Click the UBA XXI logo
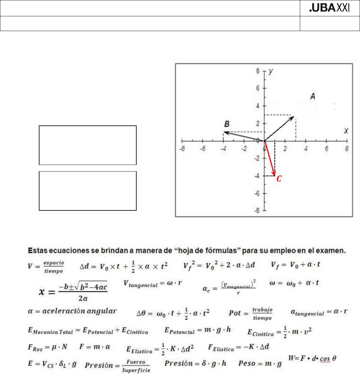point(329,8)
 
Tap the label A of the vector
point(312,97)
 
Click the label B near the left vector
point(227,124)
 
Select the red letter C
point(279,179)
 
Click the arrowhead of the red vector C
point(274,174)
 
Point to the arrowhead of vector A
point(292,118)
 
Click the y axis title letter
point(271,71)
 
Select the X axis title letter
point(346,131)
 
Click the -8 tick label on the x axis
point(182,149)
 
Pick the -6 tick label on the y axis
point(257,193)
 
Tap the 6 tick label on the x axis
point(326,149)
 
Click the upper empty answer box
point(88,145)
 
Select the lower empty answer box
point(88,191)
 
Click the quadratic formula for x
point(73,291)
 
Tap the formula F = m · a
point(95,347)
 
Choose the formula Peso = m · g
point(260,363)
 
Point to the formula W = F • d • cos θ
point(312,358)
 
